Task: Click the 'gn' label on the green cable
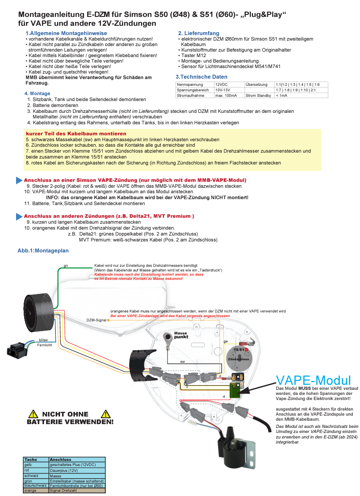66,266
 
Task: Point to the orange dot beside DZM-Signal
109,320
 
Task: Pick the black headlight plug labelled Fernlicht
16,349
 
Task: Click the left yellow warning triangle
33,414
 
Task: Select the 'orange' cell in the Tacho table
30,491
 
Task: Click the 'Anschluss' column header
60,459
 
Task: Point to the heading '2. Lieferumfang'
198,33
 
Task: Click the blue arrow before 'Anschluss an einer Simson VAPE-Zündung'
19,180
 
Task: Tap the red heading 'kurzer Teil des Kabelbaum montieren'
71,134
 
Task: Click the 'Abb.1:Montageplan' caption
43,250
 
